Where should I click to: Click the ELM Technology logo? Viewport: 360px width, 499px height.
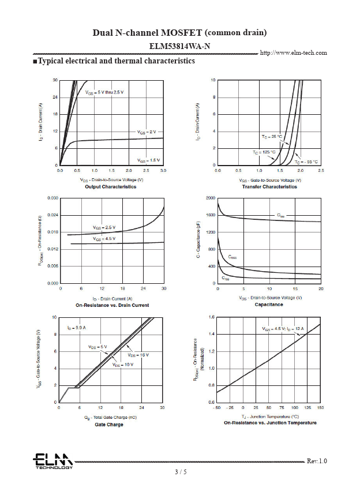click(x=52, y=461)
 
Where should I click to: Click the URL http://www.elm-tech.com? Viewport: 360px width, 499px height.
click(x=294, y=52)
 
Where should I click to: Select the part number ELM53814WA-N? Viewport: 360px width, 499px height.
click(x=179, y=45)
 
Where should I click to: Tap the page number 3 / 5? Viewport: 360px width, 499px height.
click(x=181, y=472)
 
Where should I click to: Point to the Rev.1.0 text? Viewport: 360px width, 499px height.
click(x=316, y=461)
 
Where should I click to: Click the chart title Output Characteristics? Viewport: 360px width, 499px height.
click(x=111, y=187)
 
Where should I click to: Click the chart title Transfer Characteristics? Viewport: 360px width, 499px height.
click(x=269, y=187)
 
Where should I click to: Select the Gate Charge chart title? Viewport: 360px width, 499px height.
click(x=109, y=425)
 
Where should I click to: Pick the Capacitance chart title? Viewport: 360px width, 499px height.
click(x=269, y=305)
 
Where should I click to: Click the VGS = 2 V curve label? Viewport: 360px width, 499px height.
click(x=147, y=132)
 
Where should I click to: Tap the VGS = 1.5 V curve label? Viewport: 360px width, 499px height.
click(x=148, y=160)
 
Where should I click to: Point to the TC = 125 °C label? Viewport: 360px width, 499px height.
click(x=264, y=152)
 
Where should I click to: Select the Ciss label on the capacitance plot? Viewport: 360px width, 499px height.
click(x=280, y=215)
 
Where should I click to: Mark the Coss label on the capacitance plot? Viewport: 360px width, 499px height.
click(x=232, y=257)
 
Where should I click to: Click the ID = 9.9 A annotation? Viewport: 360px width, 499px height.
click(x=76, y=327)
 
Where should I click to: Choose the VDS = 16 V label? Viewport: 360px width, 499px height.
click(x=138, y=355)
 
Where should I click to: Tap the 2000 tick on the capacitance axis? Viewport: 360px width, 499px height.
click(x=211, y=198)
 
